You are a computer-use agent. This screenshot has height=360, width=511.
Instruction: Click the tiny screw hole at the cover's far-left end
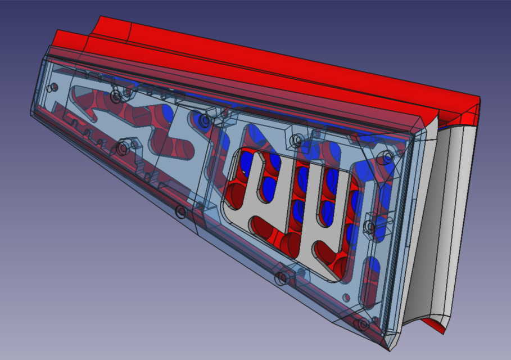pos(53,88)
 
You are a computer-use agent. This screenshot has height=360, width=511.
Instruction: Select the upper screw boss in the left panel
pos(116,96)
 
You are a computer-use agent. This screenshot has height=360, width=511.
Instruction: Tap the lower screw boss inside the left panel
pos(123,148)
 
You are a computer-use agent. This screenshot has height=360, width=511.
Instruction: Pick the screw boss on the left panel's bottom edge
pos(181,212)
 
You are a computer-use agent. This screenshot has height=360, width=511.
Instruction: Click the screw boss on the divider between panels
pos(204,120)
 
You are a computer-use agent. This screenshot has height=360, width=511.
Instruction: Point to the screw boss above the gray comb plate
pos(296,139)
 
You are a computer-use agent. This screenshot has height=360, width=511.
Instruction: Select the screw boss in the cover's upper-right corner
pos(388,158)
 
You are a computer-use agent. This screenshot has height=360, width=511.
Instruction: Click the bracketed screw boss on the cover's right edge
pos(370,226)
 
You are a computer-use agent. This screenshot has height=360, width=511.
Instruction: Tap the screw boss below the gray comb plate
pos(282,278)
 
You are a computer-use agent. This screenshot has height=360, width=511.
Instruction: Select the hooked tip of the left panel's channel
pos(79,91)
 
